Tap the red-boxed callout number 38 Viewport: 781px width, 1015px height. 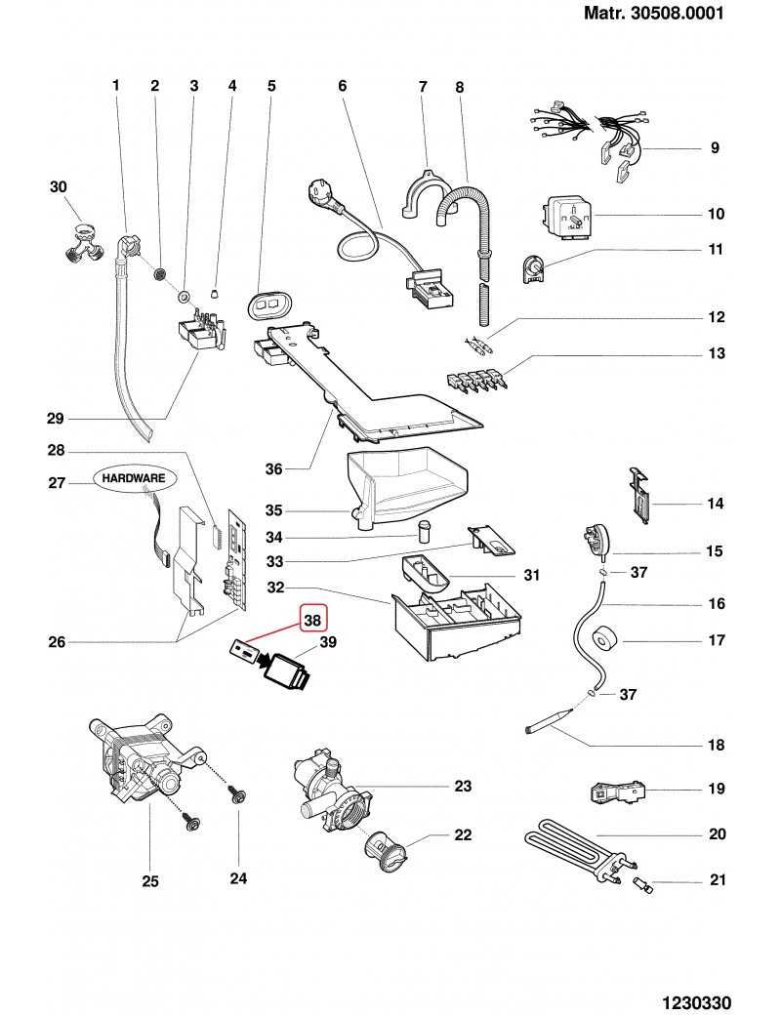[312, 619]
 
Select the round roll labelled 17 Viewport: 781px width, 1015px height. [604, 640]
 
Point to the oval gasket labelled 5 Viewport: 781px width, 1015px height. [265, 304]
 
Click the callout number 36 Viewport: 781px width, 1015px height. [273, 469]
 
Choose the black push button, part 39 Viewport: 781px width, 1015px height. [288, 671]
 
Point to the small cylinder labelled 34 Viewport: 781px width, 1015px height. [425, 531]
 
